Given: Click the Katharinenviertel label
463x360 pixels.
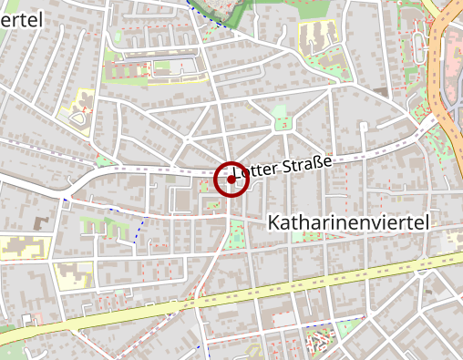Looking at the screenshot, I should [349, 221].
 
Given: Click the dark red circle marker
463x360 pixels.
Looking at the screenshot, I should [231, 180].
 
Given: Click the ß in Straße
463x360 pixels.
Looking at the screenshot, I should [318, 161].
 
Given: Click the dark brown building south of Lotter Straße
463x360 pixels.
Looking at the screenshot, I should [40, 222].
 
